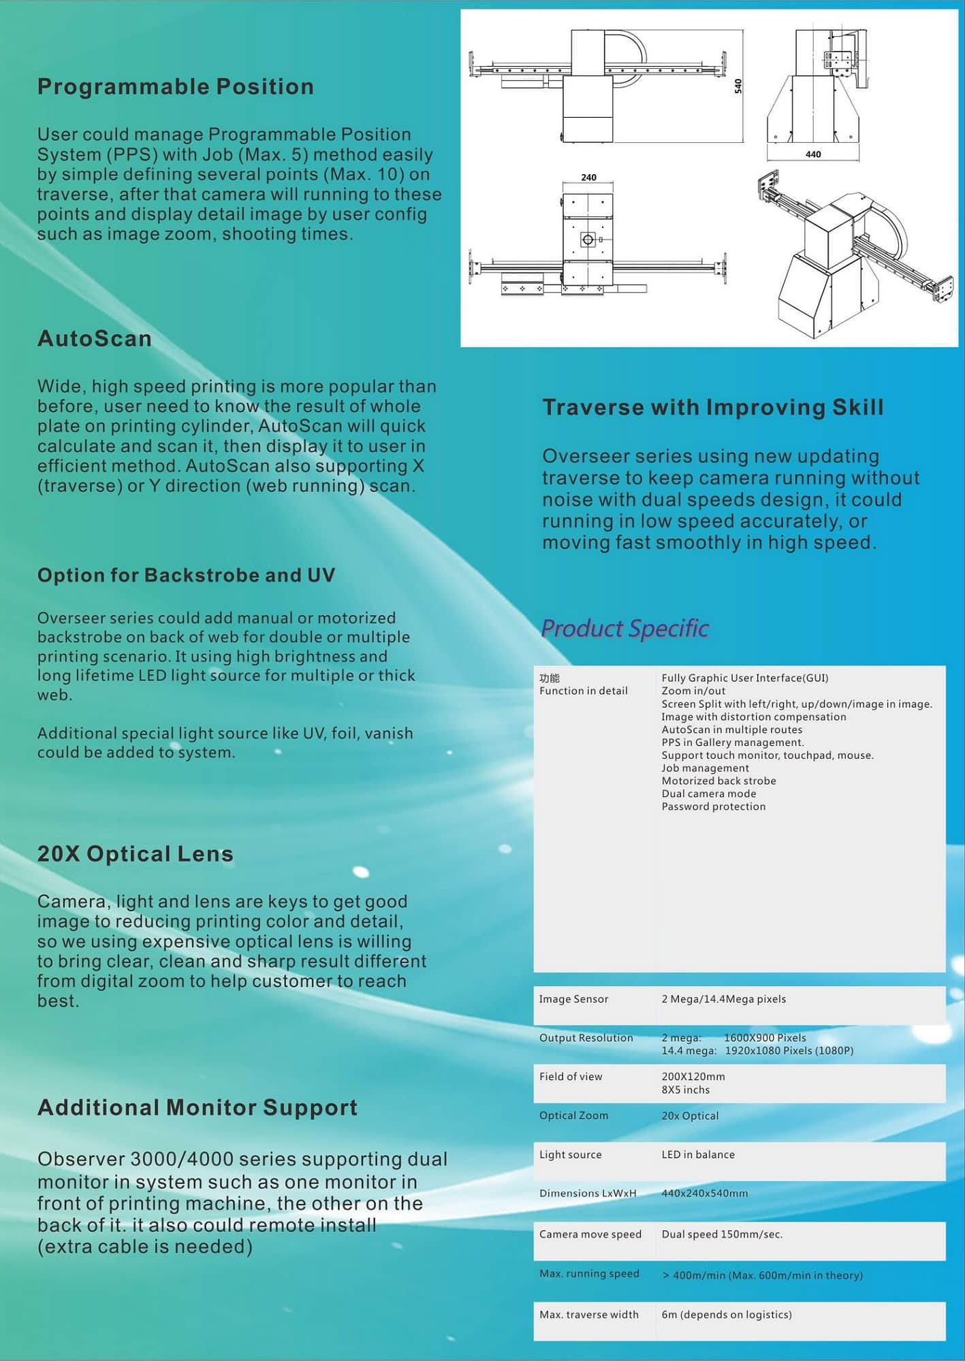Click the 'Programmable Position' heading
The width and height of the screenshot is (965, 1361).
click(175, 87)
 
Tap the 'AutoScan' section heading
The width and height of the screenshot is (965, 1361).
click(94, 339)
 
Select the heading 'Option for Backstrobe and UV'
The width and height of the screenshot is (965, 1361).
click(186, 576)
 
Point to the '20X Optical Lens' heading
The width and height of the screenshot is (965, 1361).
click(135, 854)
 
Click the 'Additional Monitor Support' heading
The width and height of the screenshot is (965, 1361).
click(197, 1108)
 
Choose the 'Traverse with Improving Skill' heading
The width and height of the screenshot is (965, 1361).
click(712, 408)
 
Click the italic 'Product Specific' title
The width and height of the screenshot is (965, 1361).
click(624, 628)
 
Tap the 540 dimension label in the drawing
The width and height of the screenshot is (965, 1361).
click(738, 86)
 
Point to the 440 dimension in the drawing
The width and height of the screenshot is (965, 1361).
click(813, 154)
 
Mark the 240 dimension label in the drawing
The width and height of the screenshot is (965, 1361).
click(588, 178)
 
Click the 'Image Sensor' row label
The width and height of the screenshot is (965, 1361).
click(573, 999)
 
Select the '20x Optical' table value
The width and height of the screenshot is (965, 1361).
click(690, 1116)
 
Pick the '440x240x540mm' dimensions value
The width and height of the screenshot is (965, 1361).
click(704, 1194)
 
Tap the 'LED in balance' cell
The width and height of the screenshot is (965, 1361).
click(698, 1155)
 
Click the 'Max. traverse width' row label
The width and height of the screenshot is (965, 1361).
click(589, 1315)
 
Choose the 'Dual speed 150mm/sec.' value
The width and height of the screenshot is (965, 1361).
click(722, 1234)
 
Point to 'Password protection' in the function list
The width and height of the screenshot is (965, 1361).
click(713, 806)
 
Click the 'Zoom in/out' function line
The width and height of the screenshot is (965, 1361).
click(693, 691)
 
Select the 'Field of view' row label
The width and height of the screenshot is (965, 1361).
click(571, 1077)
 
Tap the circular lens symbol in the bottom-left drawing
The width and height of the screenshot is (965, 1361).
click(588, 240)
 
